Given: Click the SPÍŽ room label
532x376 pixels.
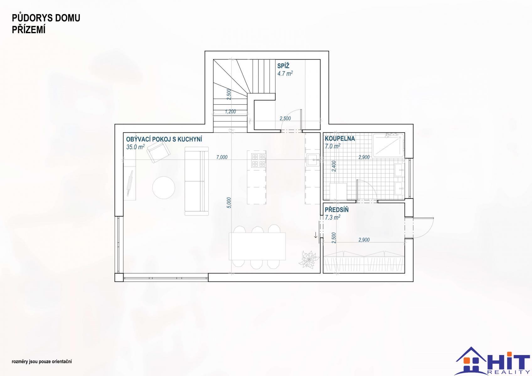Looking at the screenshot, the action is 283,65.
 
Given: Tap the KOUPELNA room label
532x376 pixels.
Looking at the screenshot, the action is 340,138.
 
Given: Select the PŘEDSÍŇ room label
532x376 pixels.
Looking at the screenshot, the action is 337,210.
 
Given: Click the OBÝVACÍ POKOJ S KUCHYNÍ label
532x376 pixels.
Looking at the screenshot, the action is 164,139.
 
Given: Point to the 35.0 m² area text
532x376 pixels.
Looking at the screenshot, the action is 136,147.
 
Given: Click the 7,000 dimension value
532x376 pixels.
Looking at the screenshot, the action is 222,157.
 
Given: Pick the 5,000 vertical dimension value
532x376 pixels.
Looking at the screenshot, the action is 229,203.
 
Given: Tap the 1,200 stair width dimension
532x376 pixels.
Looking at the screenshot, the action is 230,112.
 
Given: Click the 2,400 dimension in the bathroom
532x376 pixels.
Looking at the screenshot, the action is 334,166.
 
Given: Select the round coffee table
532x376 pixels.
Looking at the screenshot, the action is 164,188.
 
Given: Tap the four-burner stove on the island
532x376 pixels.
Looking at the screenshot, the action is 258,160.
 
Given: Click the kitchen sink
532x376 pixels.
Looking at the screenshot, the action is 313,160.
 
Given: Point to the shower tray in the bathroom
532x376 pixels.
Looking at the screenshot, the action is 388,145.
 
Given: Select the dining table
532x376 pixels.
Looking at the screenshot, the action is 257,246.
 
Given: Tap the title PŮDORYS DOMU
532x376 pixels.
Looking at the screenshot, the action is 46,18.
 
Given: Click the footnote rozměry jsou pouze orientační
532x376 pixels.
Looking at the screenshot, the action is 42,362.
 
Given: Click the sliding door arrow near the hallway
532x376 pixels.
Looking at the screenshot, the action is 316,235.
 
